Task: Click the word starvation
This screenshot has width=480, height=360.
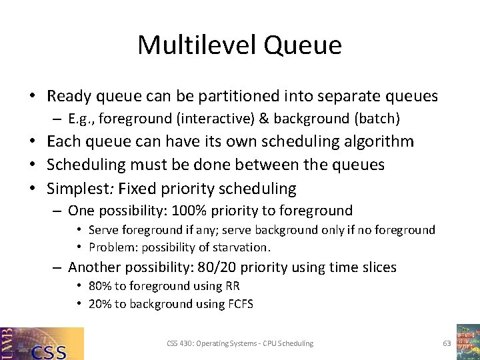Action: [x=240, y=247]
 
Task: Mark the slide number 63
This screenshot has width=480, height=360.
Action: [x=447, y=343]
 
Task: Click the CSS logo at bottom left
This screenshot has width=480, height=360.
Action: [x=42, y=343]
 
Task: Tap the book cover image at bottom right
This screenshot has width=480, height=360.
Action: [x=468, y=342]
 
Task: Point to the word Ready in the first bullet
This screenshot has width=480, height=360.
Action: [x=69, y=96]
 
